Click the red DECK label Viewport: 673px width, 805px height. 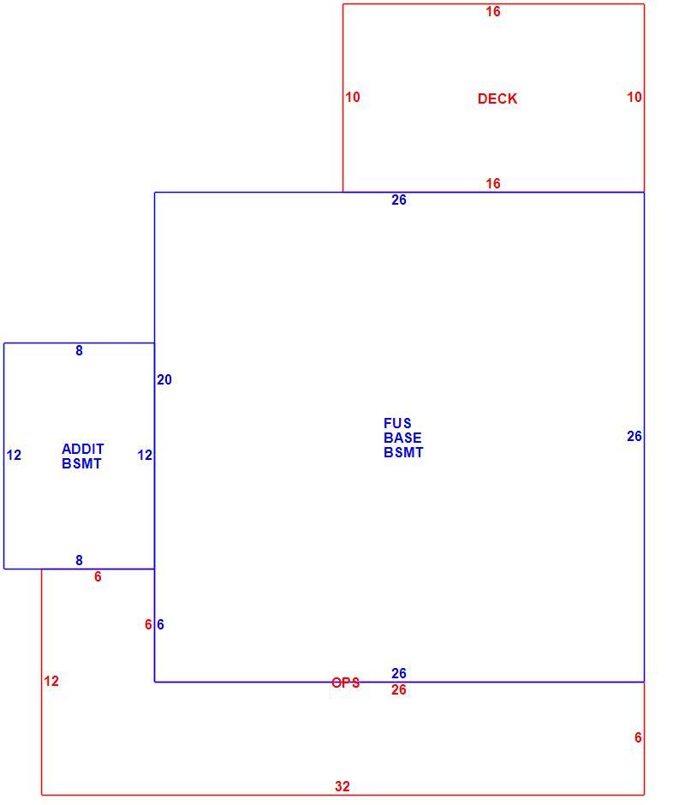click(497, 98)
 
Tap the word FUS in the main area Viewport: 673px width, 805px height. click(397, 423)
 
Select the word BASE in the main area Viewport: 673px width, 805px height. click(402, 438)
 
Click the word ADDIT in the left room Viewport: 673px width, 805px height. click(83, 449)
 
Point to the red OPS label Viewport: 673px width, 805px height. click(345, 683)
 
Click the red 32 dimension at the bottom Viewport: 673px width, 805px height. click(342, 786)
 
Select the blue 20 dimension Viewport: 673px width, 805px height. click(164, 379)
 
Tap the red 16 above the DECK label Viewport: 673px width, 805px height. click(493, 11)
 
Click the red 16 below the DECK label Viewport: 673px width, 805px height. click(493, 183)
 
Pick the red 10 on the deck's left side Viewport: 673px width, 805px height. click(353, 97)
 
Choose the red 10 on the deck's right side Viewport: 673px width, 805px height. click(634, 97)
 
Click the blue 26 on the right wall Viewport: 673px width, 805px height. click(634, 436)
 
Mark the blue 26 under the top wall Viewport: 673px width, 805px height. click(399, 200)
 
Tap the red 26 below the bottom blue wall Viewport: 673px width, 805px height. click(399, 689)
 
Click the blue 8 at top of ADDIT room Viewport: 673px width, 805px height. click(79, 350)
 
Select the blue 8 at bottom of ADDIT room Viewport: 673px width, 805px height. click(79, 560)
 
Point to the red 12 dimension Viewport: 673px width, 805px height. click(51, 681)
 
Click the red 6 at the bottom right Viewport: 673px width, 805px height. click(638, 737)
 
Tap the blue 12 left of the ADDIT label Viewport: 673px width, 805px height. click(14, 455)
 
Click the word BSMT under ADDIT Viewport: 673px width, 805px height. click(81, 463)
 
